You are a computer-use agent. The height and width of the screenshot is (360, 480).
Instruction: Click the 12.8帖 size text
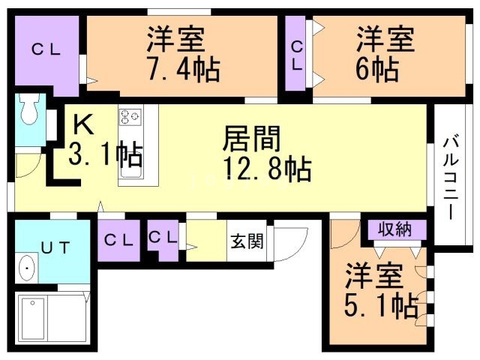point(267,170)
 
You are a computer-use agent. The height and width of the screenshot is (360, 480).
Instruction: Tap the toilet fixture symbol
point(29,111)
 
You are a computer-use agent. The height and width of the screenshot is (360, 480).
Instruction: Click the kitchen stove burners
point(130,117)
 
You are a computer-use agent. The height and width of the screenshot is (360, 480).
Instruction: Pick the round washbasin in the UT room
point(28,268)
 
